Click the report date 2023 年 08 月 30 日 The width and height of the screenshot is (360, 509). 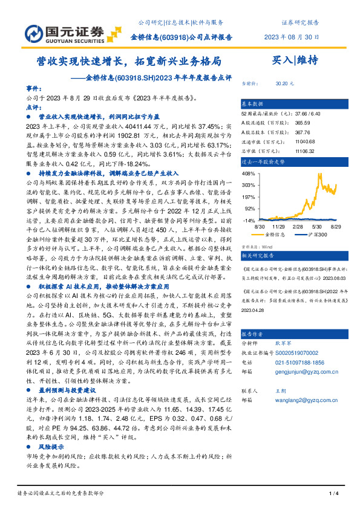pos(292,37)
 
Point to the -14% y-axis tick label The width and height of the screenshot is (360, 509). pos(249,221)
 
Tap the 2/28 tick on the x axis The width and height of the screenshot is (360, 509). pos(298,226)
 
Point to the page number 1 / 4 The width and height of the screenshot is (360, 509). pos(333,494)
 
